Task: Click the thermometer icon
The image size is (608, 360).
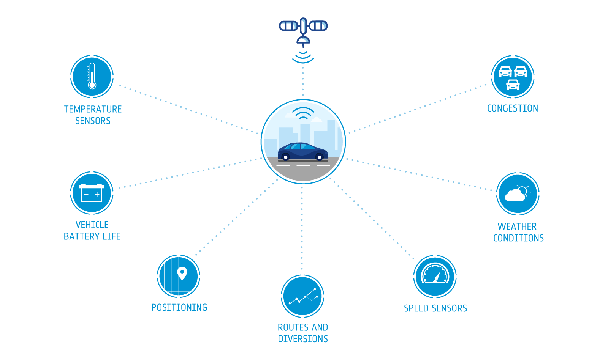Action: pos(92,76)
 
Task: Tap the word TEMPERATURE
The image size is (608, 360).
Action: pos(93,109)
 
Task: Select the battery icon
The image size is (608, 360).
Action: pos(92,193)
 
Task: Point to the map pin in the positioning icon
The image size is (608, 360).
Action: pos(182,273)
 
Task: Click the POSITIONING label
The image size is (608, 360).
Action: pos(179,307)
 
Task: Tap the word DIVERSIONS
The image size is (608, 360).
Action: pos(303,339)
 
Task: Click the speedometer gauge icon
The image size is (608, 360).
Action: pos(435,274)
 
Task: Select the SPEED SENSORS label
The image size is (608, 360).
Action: pos(435,308)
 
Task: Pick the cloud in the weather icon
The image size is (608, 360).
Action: pos(515,195)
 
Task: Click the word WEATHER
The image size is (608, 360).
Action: pos(517,226)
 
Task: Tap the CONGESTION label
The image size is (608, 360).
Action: pos(513,108)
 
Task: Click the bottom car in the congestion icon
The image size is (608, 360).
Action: pos(513,85)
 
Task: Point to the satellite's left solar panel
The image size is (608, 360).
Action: pos(288,26)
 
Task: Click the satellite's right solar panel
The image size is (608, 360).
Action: pos(318,26)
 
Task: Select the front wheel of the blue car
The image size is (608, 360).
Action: pos(320,157)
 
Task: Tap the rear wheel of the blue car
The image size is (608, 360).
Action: pos(285,157)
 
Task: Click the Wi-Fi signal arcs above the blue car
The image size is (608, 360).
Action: pos(303,113)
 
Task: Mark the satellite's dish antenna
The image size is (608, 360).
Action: pos(303,40)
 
